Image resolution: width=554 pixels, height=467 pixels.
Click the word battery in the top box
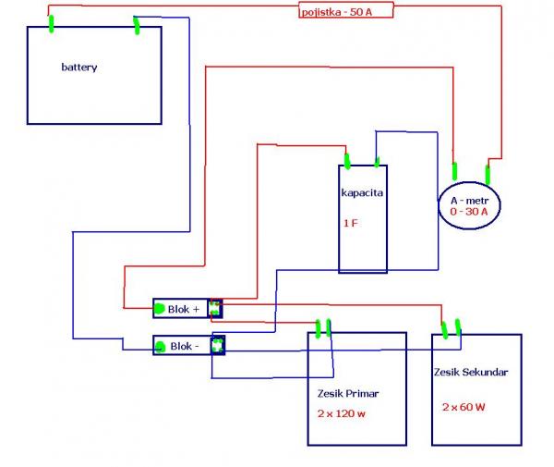(x=78, y=68)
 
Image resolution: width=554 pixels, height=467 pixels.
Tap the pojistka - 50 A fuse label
(x=346, y=11)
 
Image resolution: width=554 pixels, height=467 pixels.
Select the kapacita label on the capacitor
(x=362, y=194)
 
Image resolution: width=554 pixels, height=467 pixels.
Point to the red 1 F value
(x=349, y=223)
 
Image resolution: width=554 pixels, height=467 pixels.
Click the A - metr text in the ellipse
(x=469, y=200)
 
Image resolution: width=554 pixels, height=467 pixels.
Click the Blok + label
(x=184, y=309)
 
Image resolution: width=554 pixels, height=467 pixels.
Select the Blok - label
(x=184, y=346)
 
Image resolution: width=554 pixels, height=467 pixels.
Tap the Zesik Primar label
(x=347, y=393)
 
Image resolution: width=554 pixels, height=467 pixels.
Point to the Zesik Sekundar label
(x=470, y=372)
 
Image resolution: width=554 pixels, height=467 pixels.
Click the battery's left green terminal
(x=50, y=21)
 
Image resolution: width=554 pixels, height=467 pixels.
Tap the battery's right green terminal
(x=137, y=25)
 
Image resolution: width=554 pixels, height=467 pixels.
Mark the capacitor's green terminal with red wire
(x=347, y=161)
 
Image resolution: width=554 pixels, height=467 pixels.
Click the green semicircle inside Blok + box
(x=159, y=308)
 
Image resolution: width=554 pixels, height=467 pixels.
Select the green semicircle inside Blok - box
(x=160, y=347)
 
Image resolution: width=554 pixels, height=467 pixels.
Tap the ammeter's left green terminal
(x=454, y=171)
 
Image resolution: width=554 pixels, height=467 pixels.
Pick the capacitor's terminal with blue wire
(x=377, y=161)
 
